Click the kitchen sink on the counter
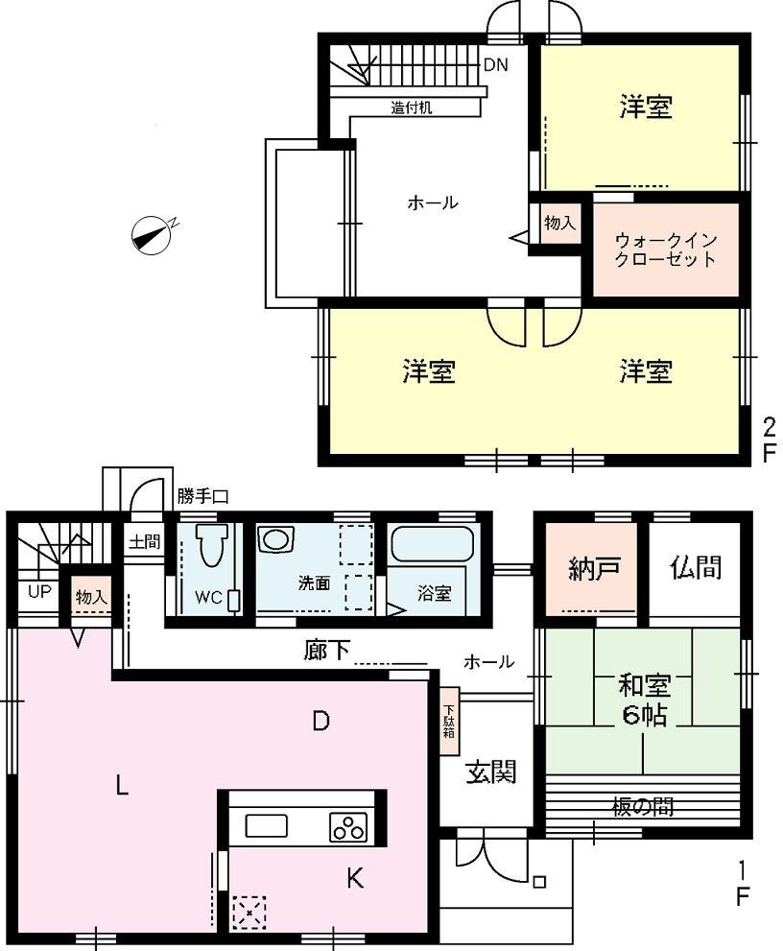(x=266, y=826)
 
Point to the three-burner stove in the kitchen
(x=347, y=826)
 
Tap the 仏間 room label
(x=695, y=567)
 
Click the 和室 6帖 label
(x=643, y=700)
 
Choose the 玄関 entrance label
(x=491, y=771)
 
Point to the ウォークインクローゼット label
(x=666, y=250)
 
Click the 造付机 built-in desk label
(x=411, y=107)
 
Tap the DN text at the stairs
(x=495, y=65)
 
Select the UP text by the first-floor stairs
(x=38, y=592)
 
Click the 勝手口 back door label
(x=202, y=496)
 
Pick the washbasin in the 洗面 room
(x=275, y=539)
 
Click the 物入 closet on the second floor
(x=559, y=223)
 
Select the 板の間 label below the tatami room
(x=643, y=806)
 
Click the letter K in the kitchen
(x=355, y=878)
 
